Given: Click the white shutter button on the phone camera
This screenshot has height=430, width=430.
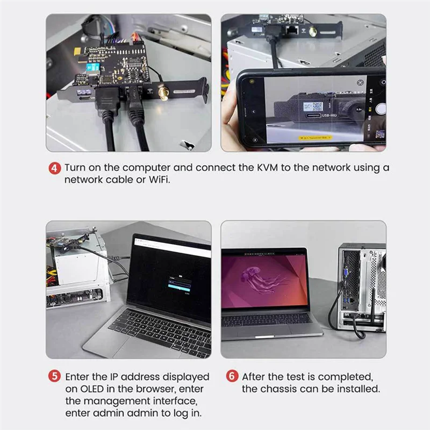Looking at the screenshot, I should click(x=381, y=109).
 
